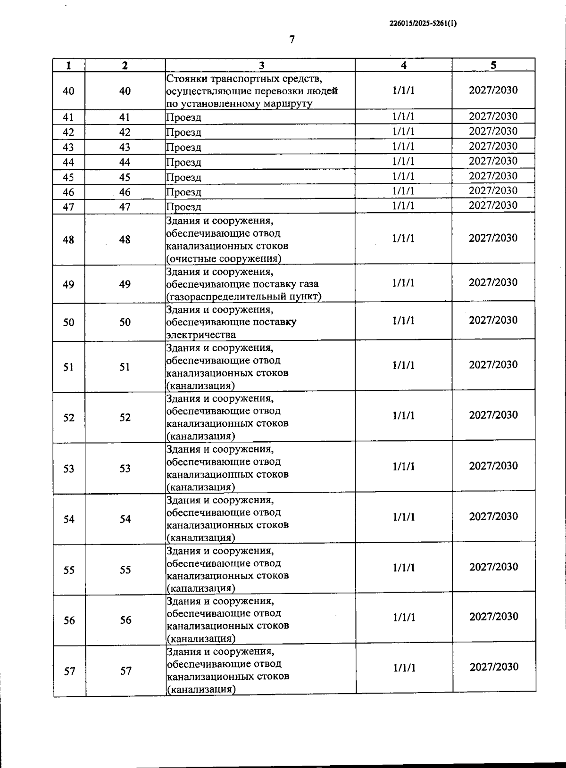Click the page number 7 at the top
[x=292, y=40]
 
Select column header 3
[x=262, y=66]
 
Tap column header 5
[x=493, y=65]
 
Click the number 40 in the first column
[x=68, y=91]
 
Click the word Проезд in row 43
[x=184, y=148]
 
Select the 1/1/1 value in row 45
[x=403, y=176]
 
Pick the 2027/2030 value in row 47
[x=493, y=205]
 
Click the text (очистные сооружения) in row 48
[x=224, y=258]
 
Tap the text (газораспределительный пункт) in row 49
[x=244, y=296]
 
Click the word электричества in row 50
[x=201, y=335]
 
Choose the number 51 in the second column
[x=125, y=367]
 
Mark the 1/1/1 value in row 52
[x=403, y=415]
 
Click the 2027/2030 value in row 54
[x=493, y=516]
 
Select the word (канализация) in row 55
[x=201, y=588]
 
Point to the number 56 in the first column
[x=69, y=620]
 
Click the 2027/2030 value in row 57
[x=494, y=667]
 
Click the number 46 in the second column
[x=125, y=192]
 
